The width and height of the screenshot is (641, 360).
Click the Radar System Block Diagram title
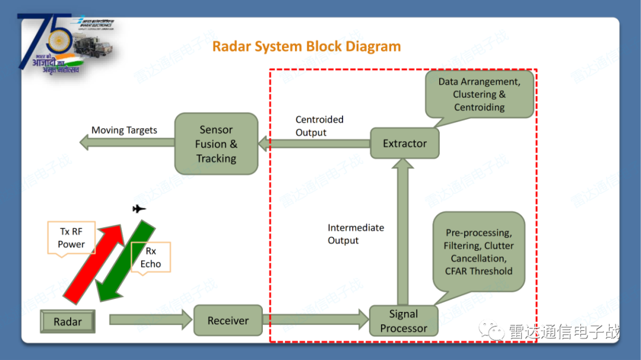pyautogui.click(x=306, y=46)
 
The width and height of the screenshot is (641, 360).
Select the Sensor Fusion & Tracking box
pyautogui.click(x=216, y=144)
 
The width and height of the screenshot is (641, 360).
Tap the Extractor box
pyautogui.click(x=404, y=144)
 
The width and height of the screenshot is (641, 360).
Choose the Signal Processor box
pyautogui.click(x=404, y=321)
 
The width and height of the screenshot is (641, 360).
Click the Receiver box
pyautogui.click(x=228, y=321)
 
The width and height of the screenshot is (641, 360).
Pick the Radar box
pyautogui.click(x=68, y=322)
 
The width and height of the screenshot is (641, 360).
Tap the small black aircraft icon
pyautogui.click(x=139, y=209)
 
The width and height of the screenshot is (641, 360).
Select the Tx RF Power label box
pyautogui.click(x=71, y=238)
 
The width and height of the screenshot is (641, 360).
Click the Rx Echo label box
pyautogui.click(x=151, y=257)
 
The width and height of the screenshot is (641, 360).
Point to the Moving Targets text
pyautogui.click(x=124, y=130)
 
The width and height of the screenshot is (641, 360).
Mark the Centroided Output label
pyautogui.click(x=319, y=126)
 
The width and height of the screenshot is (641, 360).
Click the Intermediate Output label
pyautogui.click(x=356, y=234)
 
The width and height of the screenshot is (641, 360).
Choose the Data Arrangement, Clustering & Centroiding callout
pyautogui.click(x=480, y=94)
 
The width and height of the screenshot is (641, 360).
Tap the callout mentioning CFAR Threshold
pyautogui.click(x=478, y=252)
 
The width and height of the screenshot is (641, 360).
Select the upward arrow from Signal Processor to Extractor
pyautogui.click(x=404, y=231)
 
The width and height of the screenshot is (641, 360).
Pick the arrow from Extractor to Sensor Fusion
pyautogui.click(x=315, y=144)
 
